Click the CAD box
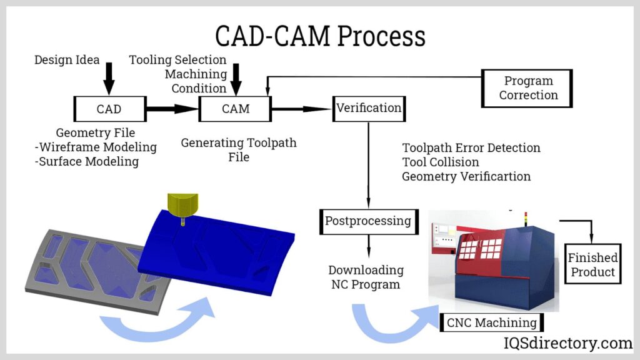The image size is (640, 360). [x=109, y=109]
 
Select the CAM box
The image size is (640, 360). [x=236, y=109]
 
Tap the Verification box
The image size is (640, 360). [x=369, y=108]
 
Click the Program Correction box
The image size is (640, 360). [x=527, y=88]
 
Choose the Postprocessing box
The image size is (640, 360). [x=367, y=221]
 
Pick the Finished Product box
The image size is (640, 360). [x=592, y=264]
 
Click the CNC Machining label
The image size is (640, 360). [x=491, y=323]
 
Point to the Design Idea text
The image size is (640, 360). [x=67, y=60]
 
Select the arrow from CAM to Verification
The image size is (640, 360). [x=301, y=109]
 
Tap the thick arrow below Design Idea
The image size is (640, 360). [x=109, y=79]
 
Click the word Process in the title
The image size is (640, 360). [x=382, y=36]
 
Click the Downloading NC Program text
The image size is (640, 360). [x=366, y=277]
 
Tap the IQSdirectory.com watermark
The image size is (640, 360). [x=568, y=343]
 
